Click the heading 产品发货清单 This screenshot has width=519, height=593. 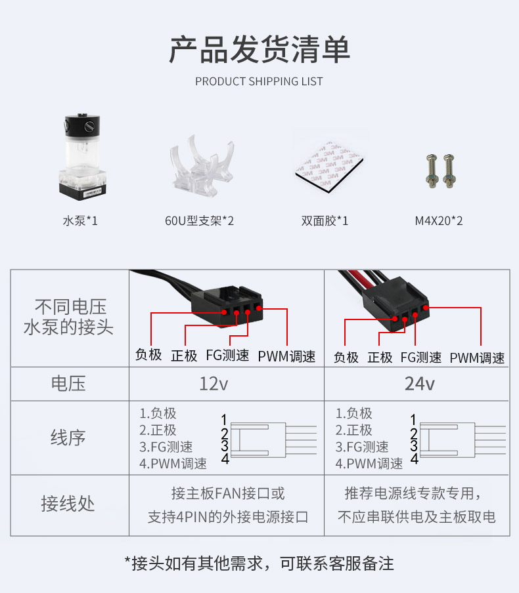pos(259,50)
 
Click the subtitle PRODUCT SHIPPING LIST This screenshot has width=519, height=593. pos(259,81)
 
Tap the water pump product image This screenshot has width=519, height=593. pos(82,157)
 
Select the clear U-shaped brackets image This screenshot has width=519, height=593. pos(202,166)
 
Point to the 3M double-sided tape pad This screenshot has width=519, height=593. pos(329,166)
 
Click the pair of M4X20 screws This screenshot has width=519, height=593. pos(441,171)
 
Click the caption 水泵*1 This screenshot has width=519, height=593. pos(80,220)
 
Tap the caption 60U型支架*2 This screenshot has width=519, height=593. pos(199,220)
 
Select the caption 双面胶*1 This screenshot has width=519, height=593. pos(325,220)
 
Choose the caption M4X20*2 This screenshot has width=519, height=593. pos(439,220)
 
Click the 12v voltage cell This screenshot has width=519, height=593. pos(214,384)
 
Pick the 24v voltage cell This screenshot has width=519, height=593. pos(419,384)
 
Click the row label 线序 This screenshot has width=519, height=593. pos(68,438)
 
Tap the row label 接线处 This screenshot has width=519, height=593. pos(68,503)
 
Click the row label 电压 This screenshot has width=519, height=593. pos(68,384)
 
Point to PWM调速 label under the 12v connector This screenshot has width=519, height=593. pos(286,356)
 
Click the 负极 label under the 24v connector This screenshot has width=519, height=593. pos(346,358)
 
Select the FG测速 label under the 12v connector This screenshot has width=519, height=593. pos(227,356)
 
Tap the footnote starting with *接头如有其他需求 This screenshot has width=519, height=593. pos(259,563)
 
